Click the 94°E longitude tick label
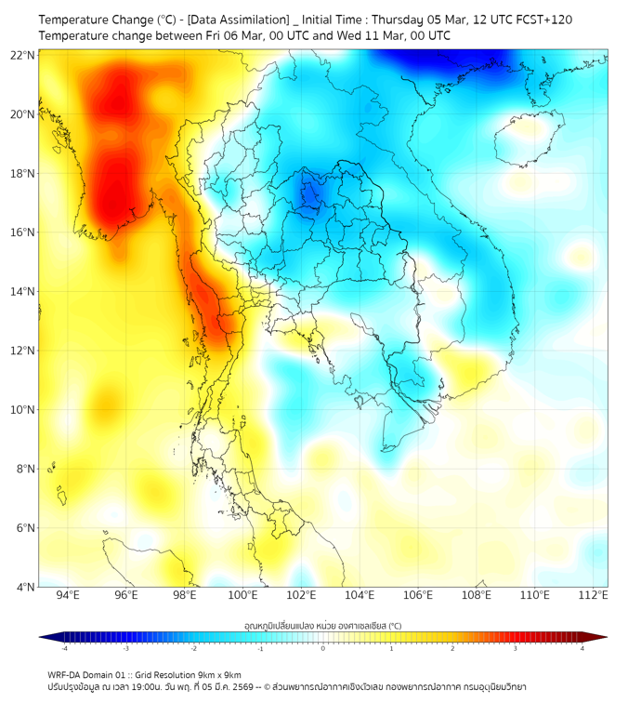[68, 596]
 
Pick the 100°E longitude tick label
[242, 596]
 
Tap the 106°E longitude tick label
[418, 596]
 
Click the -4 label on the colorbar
[63, 648]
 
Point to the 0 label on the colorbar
[323, 648]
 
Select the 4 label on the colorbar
[582, 648]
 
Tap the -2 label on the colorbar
[193, 648]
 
